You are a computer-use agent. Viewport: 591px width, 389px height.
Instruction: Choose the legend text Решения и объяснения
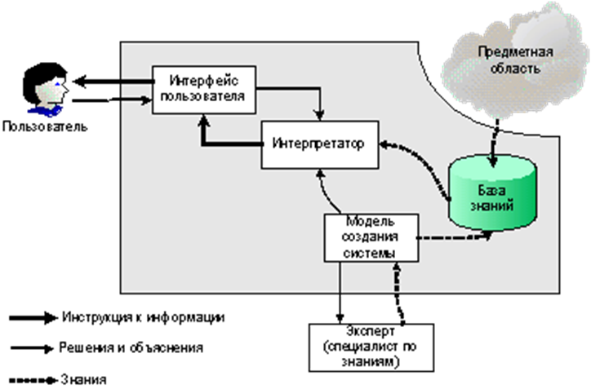coord(131,348)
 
